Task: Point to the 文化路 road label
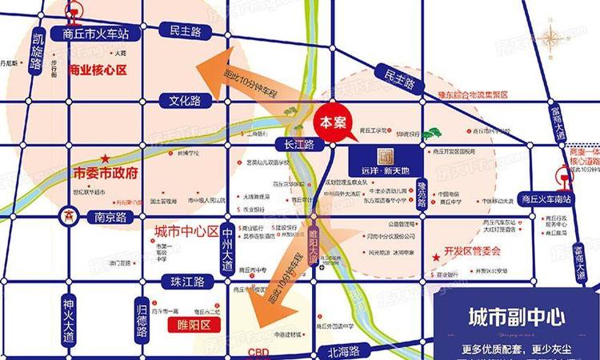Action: coord(184,101)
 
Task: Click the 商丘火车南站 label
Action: coord(545,199)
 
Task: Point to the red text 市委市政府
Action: coord(106,173)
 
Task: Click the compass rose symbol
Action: coord(553,38)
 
